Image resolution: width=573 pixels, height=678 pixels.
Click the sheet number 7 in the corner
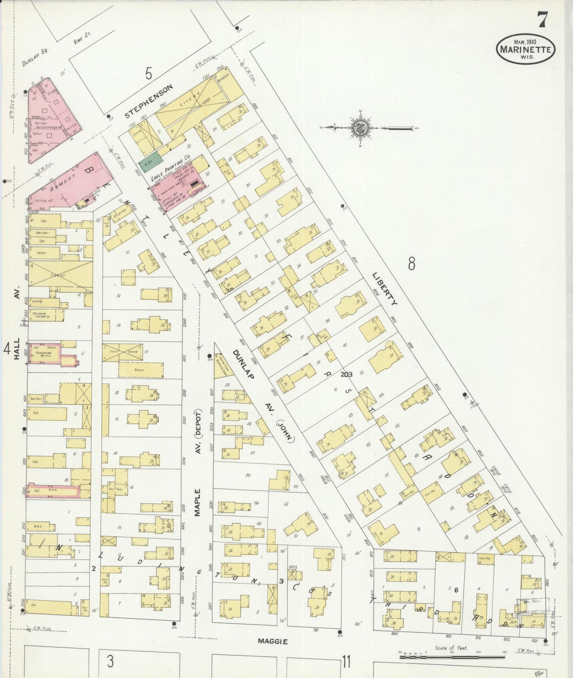(x=542, y=20)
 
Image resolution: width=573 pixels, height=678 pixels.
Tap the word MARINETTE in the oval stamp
(x=525, y=50)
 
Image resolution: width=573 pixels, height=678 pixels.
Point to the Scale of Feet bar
(x=452, y=657)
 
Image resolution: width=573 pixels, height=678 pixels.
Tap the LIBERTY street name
(x=385, y=288)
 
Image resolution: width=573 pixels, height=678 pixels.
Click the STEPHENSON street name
(x=149, y=101)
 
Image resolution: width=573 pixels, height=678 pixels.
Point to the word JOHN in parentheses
(x=285, y=431)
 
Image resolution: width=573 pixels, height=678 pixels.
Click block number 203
(x=346, y=374)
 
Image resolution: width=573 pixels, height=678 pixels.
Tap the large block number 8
(x=412, y=263)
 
